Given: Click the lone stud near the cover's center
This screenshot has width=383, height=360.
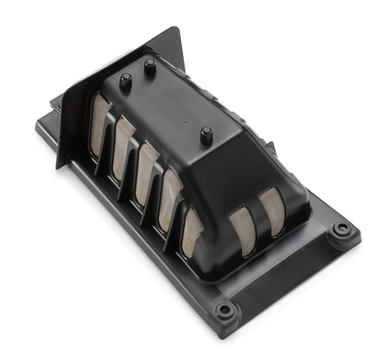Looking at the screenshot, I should point(206,134).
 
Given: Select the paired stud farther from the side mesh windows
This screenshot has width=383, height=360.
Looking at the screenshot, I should point(150,66).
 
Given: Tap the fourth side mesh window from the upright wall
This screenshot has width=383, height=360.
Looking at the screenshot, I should point(170,190).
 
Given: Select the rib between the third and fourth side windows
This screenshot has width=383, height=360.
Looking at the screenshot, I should point(158,180).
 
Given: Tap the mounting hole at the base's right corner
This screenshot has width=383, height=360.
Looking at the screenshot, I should point(341,229).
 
